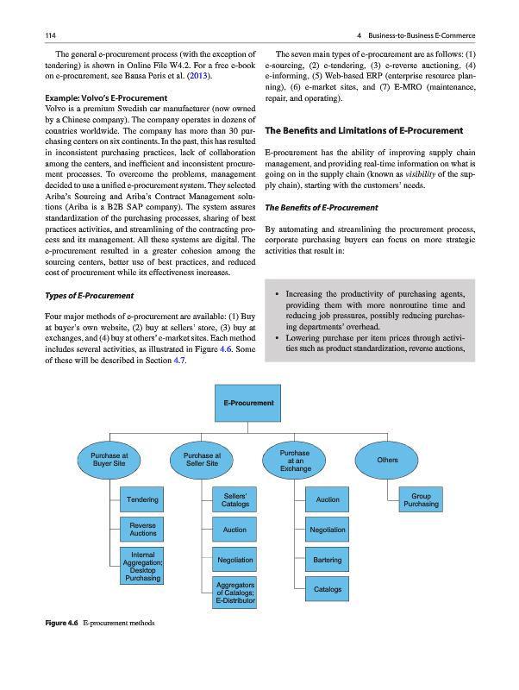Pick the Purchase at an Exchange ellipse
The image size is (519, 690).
coord(295,460)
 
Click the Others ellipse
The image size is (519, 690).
coord(387,460)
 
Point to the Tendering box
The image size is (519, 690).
coord(142,499)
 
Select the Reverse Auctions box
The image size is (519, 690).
coord(142,530)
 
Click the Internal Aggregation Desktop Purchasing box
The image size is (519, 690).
coord(142,566)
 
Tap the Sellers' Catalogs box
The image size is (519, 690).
coord(234,499)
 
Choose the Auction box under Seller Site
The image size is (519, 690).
coord(234,530)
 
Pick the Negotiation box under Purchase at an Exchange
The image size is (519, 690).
coord(328,530)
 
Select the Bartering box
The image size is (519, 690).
coord(328,560)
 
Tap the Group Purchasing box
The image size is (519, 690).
coord(420,500)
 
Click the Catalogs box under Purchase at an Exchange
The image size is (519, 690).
coord(328,590)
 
